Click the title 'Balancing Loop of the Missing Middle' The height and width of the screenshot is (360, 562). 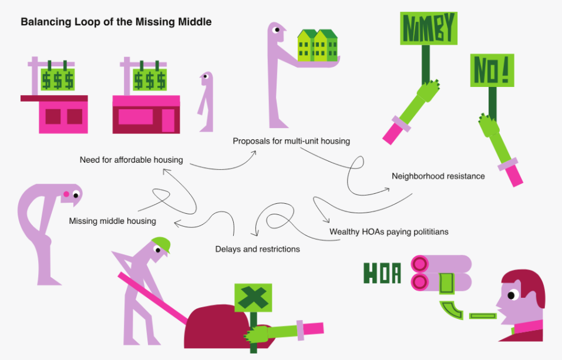(116, 22)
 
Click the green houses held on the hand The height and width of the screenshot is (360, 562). (318, 46)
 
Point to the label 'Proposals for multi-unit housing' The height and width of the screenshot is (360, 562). (291, 141)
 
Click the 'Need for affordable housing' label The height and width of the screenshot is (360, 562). (132, 160)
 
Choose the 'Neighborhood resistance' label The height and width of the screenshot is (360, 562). (438, 176)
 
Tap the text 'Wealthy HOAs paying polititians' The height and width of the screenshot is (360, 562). (389, 232)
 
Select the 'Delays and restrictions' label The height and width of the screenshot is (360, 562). (257, 249)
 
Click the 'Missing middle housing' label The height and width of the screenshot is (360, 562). (112, 221)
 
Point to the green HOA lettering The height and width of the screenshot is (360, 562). (382, 273)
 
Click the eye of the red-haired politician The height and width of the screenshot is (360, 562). (512, 295)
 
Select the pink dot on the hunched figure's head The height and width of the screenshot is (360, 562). (66, 194)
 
